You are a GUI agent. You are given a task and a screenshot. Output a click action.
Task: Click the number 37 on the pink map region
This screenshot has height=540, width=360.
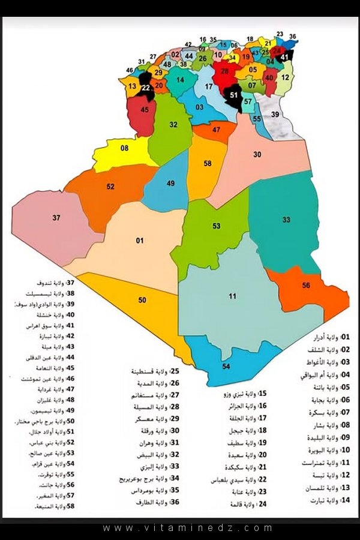pyautogui.click(x=56, y=217)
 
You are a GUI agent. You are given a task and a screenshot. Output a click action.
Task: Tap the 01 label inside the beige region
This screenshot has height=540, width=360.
pyautogui.click(x=140, y=241)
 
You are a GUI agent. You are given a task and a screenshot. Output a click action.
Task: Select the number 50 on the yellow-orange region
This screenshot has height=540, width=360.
pyautogui.click(x=142, y=299)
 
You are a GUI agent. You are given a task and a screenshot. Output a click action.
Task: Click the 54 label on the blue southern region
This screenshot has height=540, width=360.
pyautogui.click(x=226, y=366)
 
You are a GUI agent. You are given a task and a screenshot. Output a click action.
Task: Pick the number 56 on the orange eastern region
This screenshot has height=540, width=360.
pyautogui.click(x=306, y=286)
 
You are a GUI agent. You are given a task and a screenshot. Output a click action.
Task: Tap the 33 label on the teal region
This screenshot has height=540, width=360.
pyautogui.click(x=286, y=220)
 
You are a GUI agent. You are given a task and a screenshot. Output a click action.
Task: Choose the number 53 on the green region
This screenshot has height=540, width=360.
pyautogui.click(x=216, y=226)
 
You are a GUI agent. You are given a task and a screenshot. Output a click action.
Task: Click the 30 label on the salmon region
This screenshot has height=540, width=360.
pyautogui.click(x=257, y=155)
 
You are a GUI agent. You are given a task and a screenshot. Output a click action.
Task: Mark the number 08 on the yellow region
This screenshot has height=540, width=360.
pyautogui.click(x=125, y=148)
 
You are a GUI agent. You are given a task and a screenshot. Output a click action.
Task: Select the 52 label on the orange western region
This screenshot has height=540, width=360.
pyautogui.click(x=110, y=187)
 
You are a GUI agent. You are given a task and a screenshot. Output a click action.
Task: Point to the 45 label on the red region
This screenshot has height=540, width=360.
pyautogui.click(x=145, y=110)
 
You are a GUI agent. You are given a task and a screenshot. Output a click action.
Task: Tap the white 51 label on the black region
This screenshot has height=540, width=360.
pyautogui.click(x=234, y=95)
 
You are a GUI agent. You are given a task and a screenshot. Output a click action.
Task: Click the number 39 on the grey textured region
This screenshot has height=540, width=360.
pyautogui.click(x=275, y=114)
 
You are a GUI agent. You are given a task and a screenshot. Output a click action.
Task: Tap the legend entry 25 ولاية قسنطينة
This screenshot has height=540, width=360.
pyautogui.click(x=157, y=371)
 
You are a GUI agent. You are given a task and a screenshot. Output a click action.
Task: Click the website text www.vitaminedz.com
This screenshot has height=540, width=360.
pyautogui.click(x=188, y=528)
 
